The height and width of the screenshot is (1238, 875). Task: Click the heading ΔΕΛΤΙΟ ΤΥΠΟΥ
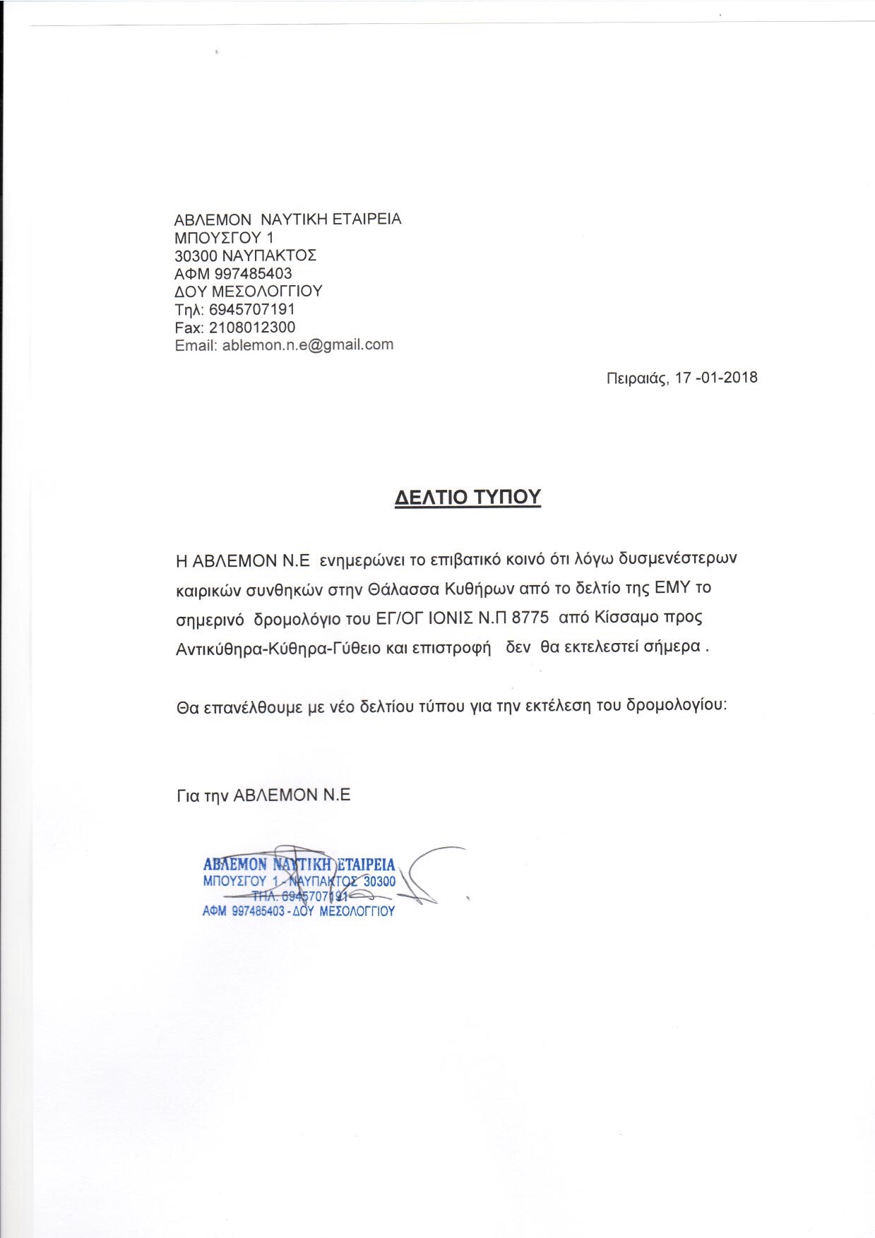click(468, 497)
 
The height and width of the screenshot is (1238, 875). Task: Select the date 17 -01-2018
click(716, 378)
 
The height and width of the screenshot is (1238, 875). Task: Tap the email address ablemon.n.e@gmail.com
click(307, 345)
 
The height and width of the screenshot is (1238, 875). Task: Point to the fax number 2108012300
click(252, 327)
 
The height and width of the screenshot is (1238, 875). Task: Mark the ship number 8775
click(530, 618)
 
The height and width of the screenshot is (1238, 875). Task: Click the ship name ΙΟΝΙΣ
click(451, 618)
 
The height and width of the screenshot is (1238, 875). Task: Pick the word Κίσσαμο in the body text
click(622, 618)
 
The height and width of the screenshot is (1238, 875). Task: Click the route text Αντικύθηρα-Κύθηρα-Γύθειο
click(278, 648)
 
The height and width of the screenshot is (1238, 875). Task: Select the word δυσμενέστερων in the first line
click(677, 559)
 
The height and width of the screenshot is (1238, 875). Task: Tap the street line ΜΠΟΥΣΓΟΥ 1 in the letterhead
click(224, 238)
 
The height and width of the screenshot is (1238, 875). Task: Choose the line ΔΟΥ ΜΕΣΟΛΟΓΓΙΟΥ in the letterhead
click(248, 292)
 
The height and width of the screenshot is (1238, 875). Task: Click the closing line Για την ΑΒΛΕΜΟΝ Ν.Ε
click(263, 795)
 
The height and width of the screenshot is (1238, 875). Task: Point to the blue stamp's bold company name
click(299, 865)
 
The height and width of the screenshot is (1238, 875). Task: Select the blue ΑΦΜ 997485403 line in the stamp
click(298, 911)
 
